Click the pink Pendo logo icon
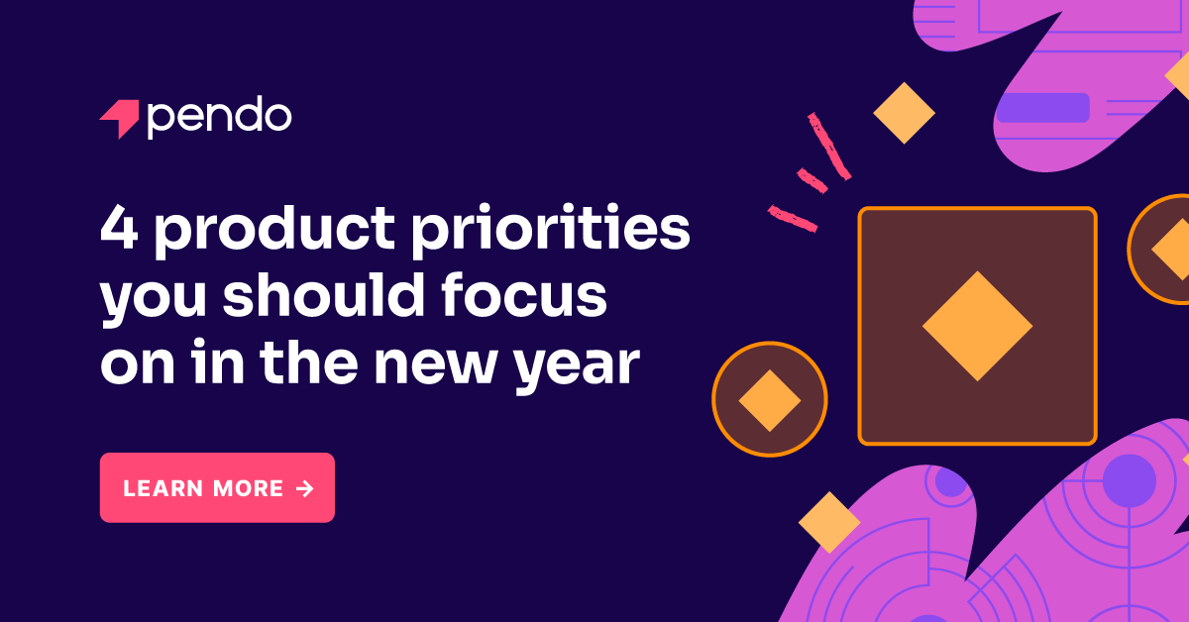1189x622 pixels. (120, 119)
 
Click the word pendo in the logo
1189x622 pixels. (219, 119)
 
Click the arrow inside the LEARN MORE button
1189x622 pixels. (304, 487)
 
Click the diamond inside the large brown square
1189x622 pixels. (977, 326)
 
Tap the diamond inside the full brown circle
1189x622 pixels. (770, 400)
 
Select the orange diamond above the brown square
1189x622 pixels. (904, 113)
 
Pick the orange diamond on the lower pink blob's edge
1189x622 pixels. (828, 522)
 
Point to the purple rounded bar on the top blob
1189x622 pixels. (1042, 107)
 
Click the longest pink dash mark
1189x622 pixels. (828, 146)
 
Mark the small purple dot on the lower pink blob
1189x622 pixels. (950, 482)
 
